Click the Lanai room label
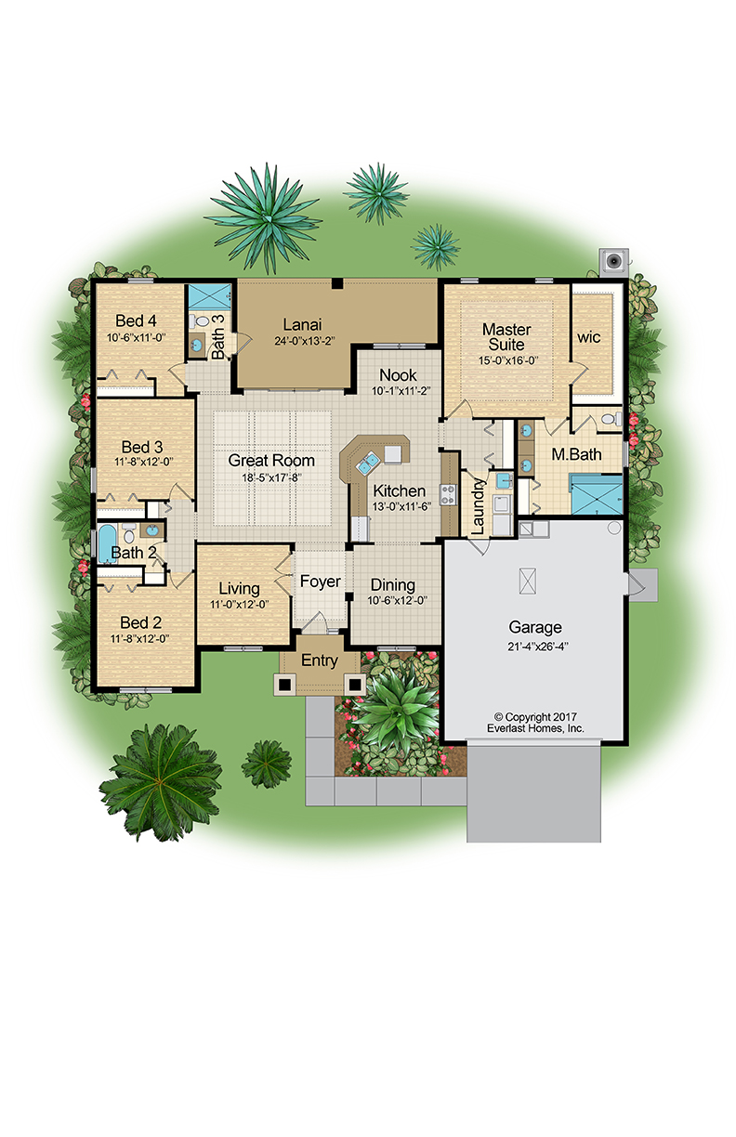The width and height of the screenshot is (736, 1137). [302, 324]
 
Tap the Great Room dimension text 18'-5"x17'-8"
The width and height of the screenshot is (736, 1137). [271, 477]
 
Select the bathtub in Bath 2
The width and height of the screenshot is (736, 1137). [107, 543]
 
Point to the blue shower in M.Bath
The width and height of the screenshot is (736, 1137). [597, 494]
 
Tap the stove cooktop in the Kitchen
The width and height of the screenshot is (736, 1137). [448, 494]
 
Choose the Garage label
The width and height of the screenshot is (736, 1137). [535, 627]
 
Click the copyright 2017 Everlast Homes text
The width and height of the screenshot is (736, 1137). [535, 723]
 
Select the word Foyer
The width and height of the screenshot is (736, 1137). [320, 582]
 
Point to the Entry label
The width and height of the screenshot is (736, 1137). [320, 660]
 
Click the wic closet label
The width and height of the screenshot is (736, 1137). [588, 337]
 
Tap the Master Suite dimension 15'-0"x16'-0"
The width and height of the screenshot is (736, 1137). [508, 361]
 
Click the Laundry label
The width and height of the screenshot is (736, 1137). [478, 506]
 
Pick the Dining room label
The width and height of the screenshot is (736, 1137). [393, 584]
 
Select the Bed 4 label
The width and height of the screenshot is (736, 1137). [136, 320]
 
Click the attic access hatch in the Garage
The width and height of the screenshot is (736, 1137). [528, 582]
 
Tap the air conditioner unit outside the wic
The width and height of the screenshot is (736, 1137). [613, 262]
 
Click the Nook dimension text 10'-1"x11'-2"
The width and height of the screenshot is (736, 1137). [401, 391]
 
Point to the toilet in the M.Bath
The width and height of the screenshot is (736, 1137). [611, 419]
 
